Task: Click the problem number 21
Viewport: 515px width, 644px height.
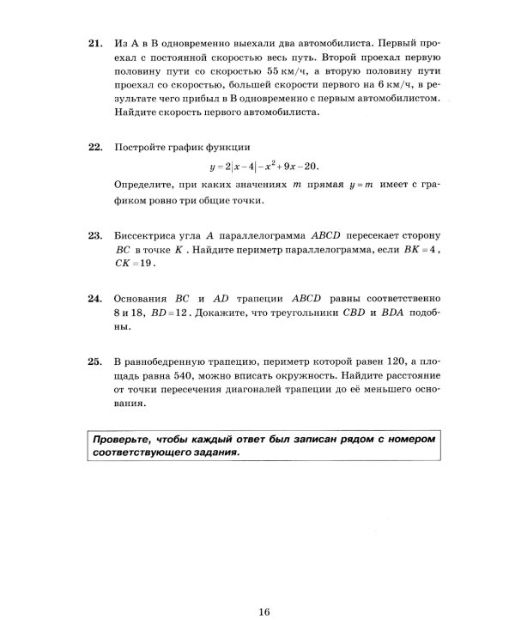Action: [94, 40]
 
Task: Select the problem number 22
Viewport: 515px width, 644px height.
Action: [94, 148]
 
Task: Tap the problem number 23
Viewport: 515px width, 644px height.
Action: [94, 234]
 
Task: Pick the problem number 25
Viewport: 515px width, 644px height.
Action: [94, 361]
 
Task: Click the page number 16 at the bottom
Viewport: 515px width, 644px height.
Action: [263, 611]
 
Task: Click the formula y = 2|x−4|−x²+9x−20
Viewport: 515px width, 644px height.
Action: [270, 167]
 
